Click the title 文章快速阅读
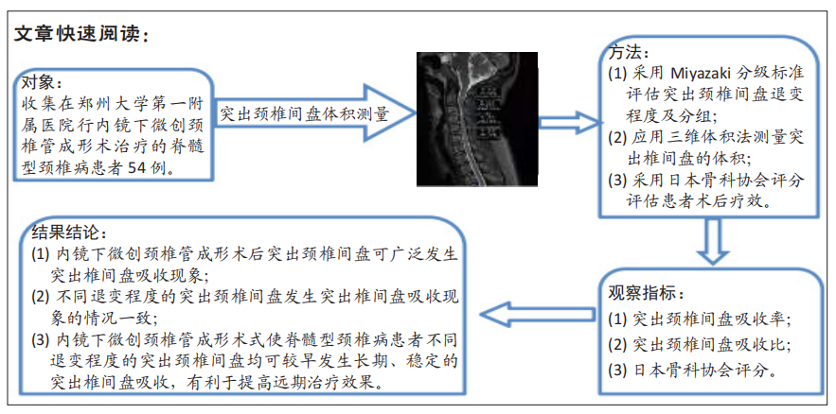point(79,34)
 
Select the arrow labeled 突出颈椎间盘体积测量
point(315,113)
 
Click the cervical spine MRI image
point(476,119)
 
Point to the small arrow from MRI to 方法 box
point(568,123)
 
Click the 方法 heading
point(630,54)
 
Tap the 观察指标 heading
point(645,294)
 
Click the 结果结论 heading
point(70,232)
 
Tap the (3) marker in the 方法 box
point(618,181)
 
